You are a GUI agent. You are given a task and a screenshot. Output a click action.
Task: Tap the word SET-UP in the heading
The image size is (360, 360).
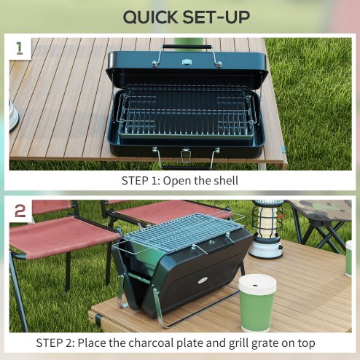point(218,17)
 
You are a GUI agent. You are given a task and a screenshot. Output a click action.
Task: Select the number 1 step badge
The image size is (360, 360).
point(20,50)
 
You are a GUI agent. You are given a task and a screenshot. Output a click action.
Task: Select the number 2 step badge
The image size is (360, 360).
point(20,211)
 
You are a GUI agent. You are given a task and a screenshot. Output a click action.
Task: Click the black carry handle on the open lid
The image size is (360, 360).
point(187,47)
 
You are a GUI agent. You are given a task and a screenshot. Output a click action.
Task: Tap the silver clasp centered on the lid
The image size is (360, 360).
point(187,63)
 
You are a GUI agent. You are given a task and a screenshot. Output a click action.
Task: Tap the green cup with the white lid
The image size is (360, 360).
point(257,303)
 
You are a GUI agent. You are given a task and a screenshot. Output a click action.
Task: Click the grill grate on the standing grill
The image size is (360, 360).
point(179,230)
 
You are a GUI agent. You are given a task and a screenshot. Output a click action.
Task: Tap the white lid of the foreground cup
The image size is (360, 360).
point(257,283)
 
